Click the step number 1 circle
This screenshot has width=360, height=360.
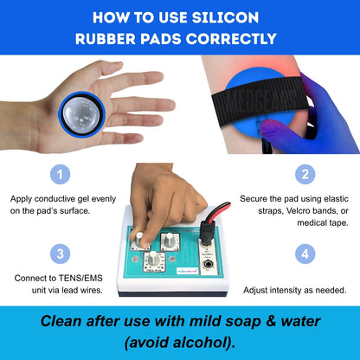[x=60, y=175]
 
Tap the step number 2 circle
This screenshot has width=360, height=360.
[x=305, y=175]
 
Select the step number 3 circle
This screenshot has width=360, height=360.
[x=60, y=254]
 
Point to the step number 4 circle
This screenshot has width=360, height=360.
[x=305, y=254]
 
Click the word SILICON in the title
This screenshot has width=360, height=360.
[x=225, y=17]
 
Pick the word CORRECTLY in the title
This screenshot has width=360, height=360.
[x=231, y=39]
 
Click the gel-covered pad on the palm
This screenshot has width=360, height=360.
[x=81, y=114]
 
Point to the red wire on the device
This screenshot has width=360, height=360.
[x=219, y=209]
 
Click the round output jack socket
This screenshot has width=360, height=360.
[x=207, y=264]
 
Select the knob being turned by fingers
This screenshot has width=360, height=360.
[x=139, y=240]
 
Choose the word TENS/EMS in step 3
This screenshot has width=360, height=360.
[x=80, y=278]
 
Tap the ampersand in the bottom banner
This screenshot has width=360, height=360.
[x=271, y=321]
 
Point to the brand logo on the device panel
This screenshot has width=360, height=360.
[x=187, y=271]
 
